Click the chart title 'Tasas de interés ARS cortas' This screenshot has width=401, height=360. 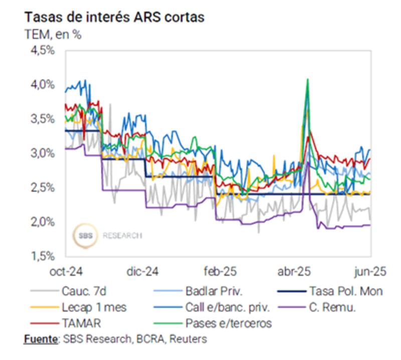point(114,17)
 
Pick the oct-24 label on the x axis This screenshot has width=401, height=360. point(66,271)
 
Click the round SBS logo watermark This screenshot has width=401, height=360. point(84,235)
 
